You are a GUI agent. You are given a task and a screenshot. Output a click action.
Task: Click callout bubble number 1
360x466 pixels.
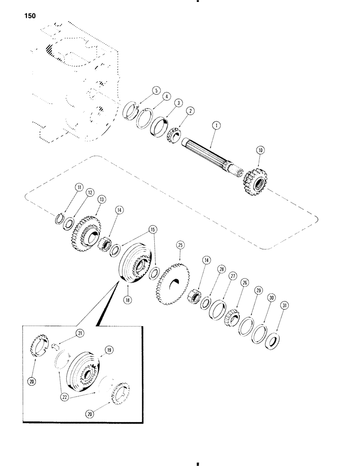[215, 125]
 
